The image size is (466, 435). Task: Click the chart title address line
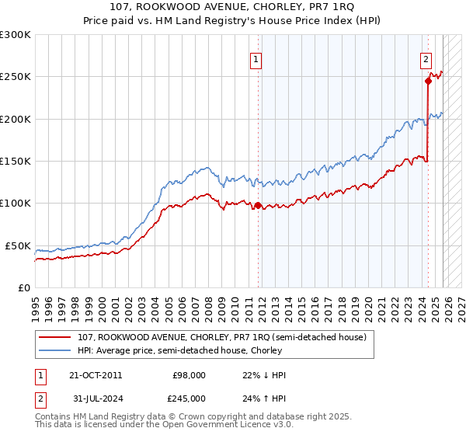point(232,9)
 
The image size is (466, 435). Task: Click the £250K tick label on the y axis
point(16,77)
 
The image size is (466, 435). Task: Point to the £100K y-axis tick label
point(16,204)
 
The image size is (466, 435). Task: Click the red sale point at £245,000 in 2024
point(428,80)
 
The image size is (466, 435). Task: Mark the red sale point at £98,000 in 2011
point(257,205)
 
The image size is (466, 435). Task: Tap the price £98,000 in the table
point(189,375)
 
